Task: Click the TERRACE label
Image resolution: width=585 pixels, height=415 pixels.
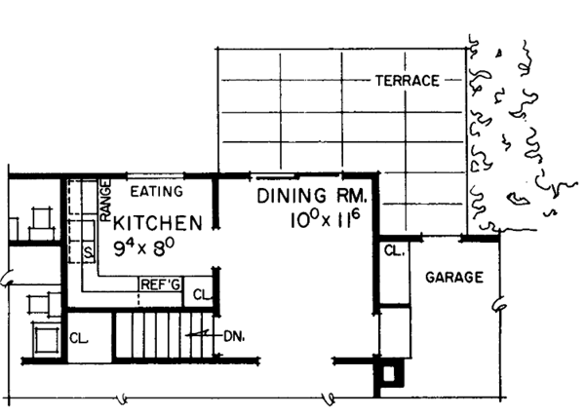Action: click(x=407, y=81)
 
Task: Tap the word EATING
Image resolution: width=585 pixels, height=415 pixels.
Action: click(x=157, y=192)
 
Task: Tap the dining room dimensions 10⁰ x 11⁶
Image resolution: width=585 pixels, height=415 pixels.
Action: click(x=325, y=220)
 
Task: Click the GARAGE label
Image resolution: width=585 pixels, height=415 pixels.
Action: click(x=454, y=278)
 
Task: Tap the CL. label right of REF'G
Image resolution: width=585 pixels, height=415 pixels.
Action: click(x=199, y=294)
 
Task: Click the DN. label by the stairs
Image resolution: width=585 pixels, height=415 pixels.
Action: click(x=232, y=337)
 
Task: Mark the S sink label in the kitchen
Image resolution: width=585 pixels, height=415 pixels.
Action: click(x=87, y=252)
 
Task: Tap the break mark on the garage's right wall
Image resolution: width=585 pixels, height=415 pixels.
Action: click(x=500, y=306)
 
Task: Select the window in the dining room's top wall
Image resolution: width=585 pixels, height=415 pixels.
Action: click(x=263, y=176)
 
